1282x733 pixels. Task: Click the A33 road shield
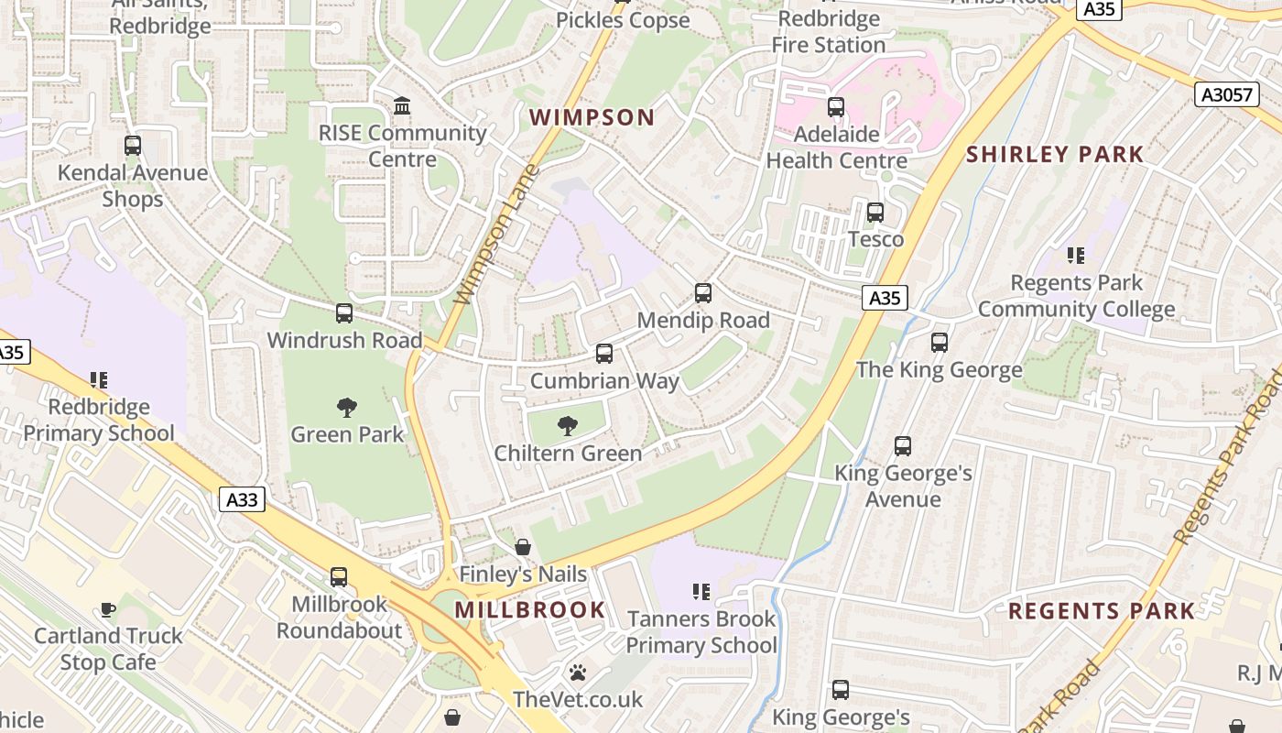243,499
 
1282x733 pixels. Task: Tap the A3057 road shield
1226,94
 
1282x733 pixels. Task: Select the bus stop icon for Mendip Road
702,293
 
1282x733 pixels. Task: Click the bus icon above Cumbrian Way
603,354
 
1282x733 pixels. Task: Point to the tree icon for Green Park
346,407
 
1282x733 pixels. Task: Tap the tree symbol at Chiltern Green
568,425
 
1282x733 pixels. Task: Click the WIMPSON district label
592,117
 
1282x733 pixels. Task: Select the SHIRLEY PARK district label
1055,154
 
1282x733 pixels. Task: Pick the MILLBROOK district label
530,609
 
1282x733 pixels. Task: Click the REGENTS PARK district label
1102,611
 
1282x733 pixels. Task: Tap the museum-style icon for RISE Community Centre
402,106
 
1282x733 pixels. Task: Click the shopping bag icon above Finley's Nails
522,547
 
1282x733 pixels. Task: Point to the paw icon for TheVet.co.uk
577,673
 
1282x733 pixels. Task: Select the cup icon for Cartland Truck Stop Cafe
108,609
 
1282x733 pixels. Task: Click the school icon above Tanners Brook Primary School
701,592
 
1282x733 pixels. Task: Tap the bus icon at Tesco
875,213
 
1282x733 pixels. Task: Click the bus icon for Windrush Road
344,313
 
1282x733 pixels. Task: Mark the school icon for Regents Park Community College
1076,256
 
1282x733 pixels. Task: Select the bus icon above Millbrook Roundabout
339,577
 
